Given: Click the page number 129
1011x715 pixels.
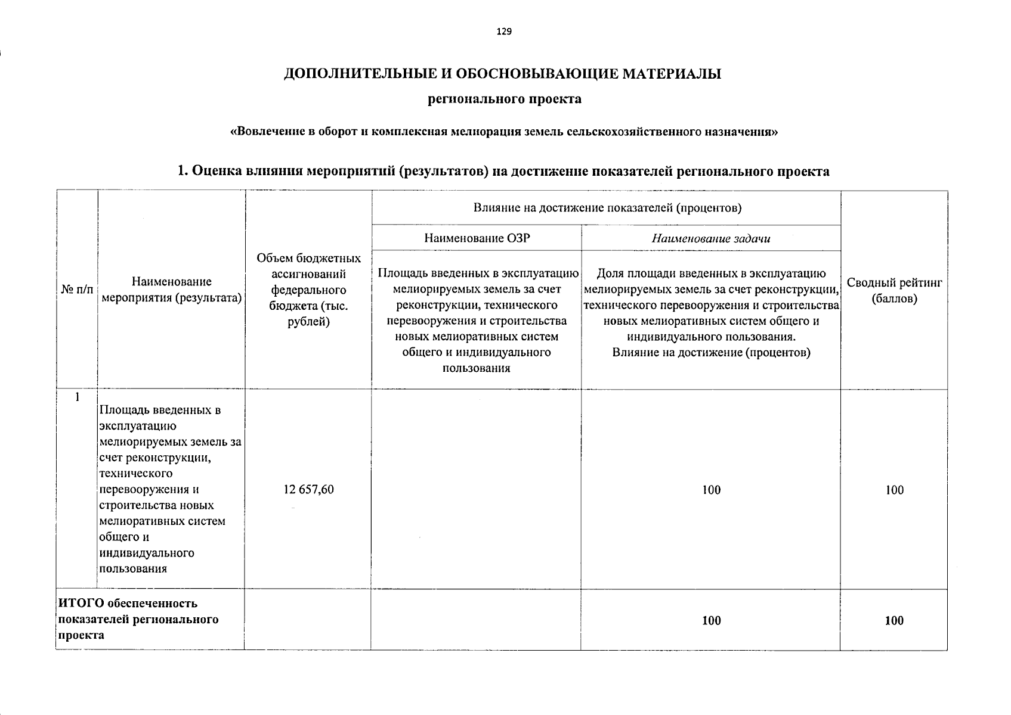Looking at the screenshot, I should point(504,32).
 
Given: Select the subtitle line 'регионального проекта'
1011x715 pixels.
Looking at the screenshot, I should point(505,99).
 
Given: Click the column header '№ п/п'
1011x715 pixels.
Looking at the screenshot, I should point(77,290).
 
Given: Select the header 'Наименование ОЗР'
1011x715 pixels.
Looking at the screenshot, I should point(477,238).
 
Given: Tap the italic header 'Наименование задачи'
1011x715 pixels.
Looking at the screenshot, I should point(710,239).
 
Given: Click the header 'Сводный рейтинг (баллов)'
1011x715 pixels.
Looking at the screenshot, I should point(893,290).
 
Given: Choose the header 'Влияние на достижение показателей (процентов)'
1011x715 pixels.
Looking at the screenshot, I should point(607,208).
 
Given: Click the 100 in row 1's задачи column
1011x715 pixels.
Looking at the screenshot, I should point(711,490).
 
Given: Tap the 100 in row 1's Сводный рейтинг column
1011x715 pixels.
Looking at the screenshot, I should point(894,490).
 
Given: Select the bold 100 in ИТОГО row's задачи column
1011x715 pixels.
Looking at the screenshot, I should point(711,620).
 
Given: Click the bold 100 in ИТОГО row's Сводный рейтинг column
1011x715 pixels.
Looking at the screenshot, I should point(894,620).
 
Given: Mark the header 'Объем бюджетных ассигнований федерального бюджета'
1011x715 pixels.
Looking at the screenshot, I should point(308,290).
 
